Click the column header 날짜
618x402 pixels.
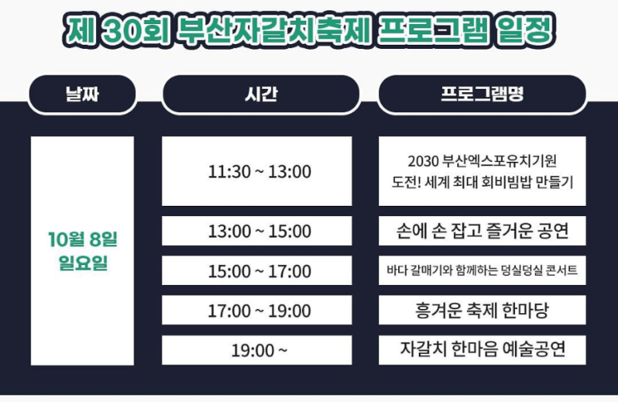click(82, 94)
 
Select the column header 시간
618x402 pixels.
click(260, 94)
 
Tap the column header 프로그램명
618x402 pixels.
click(482, 94)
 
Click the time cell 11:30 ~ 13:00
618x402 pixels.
click(259, 171)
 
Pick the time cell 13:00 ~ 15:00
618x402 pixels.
click(259, 231)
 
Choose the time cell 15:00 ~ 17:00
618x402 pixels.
click(259, 271)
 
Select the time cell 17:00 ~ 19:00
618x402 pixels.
click(259, 310)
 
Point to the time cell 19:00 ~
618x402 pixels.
click(259, 350)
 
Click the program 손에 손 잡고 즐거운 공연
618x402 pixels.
click(482, 231)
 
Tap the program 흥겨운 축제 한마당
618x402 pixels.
click(482, 310)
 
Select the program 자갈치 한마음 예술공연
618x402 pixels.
click(482, 350)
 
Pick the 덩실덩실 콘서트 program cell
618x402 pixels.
click(482, 271)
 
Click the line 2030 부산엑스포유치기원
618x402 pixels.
click(482, 159)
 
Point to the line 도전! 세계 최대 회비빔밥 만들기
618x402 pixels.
click(482, 182)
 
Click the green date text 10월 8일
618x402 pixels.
click(82, 239)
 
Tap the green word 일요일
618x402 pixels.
click(82, 263)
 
